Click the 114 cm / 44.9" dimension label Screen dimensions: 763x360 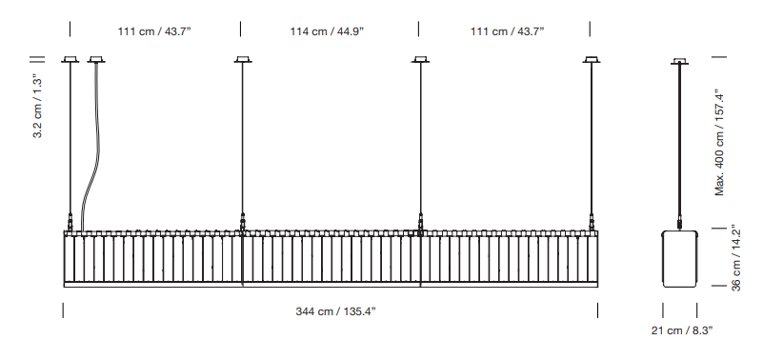coord(327,31)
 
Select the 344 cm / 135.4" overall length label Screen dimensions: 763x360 coord(335,311)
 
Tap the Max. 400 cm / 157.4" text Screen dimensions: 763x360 coord(720,143)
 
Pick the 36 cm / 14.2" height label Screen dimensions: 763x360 coord(735,258)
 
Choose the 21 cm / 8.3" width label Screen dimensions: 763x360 coord(682,330)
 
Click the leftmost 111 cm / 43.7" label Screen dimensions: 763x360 coord(154,31)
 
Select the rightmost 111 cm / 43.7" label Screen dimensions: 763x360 coord(507,31)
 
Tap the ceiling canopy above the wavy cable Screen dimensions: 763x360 coord(96,60)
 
